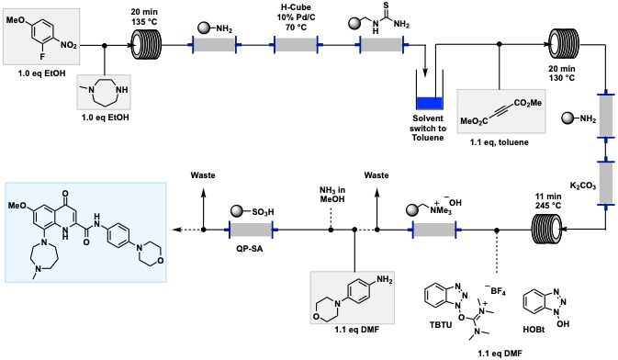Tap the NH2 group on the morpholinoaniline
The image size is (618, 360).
tap(383, 280)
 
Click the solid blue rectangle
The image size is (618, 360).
tap(429, 102)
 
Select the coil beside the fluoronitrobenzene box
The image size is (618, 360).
tap(146, 44)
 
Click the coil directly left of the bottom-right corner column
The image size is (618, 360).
tap(547, 229)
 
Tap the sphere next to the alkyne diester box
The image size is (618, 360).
tap(567, 118)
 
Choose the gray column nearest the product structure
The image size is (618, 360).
tap(251, 230)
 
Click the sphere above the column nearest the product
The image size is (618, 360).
tap(236, 211)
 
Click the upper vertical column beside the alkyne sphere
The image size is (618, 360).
tap(606, 116)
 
